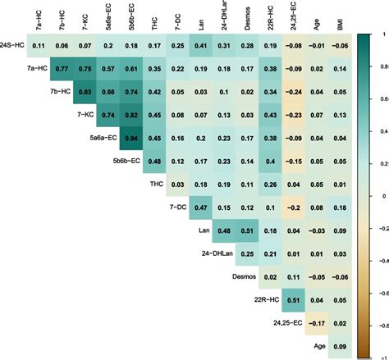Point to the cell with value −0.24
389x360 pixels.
pos(291,93)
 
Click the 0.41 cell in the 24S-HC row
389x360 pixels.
pos(199,47)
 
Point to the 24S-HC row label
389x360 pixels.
pos(16,47)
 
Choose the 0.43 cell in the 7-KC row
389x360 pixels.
pos(268,116)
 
